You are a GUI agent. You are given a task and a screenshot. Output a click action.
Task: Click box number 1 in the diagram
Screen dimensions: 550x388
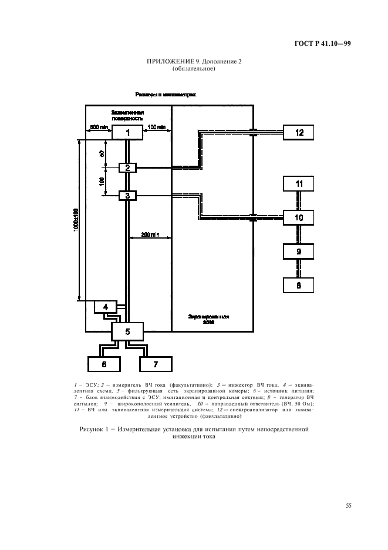[x=128, y=132]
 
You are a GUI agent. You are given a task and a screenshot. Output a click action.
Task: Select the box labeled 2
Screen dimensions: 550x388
[x=127, y=168]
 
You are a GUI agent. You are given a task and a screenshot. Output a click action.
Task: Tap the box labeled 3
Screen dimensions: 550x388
[x=127, y=195]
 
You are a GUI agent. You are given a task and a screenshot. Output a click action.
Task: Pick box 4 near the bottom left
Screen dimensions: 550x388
[x=106, y=307]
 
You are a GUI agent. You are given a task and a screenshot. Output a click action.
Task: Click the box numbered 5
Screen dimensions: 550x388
[x=127, y=332]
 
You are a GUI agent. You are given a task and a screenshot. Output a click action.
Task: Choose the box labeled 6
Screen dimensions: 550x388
[x=104, y=364]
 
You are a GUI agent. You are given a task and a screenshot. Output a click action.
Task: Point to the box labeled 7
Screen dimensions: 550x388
[x=155, y=364]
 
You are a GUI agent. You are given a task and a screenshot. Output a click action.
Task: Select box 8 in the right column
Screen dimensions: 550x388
[x=299, y=285]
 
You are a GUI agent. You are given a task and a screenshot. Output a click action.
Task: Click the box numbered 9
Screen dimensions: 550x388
[x=299, y=251]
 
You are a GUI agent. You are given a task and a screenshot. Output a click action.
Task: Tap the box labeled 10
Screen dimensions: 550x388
[x=299, y=217]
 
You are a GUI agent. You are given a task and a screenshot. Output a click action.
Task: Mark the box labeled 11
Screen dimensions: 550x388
[x=299, y=184]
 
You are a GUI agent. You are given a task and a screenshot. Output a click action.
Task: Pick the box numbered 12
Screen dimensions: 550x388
[x=299, y=132]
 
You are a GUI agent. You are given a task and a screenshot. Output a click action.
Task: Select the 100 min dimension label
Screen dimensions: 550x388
[x=157, y=127]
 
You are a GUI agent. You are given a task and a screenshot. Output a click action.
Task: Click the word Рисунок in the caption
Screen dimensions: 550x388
[x=93, y=430]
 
